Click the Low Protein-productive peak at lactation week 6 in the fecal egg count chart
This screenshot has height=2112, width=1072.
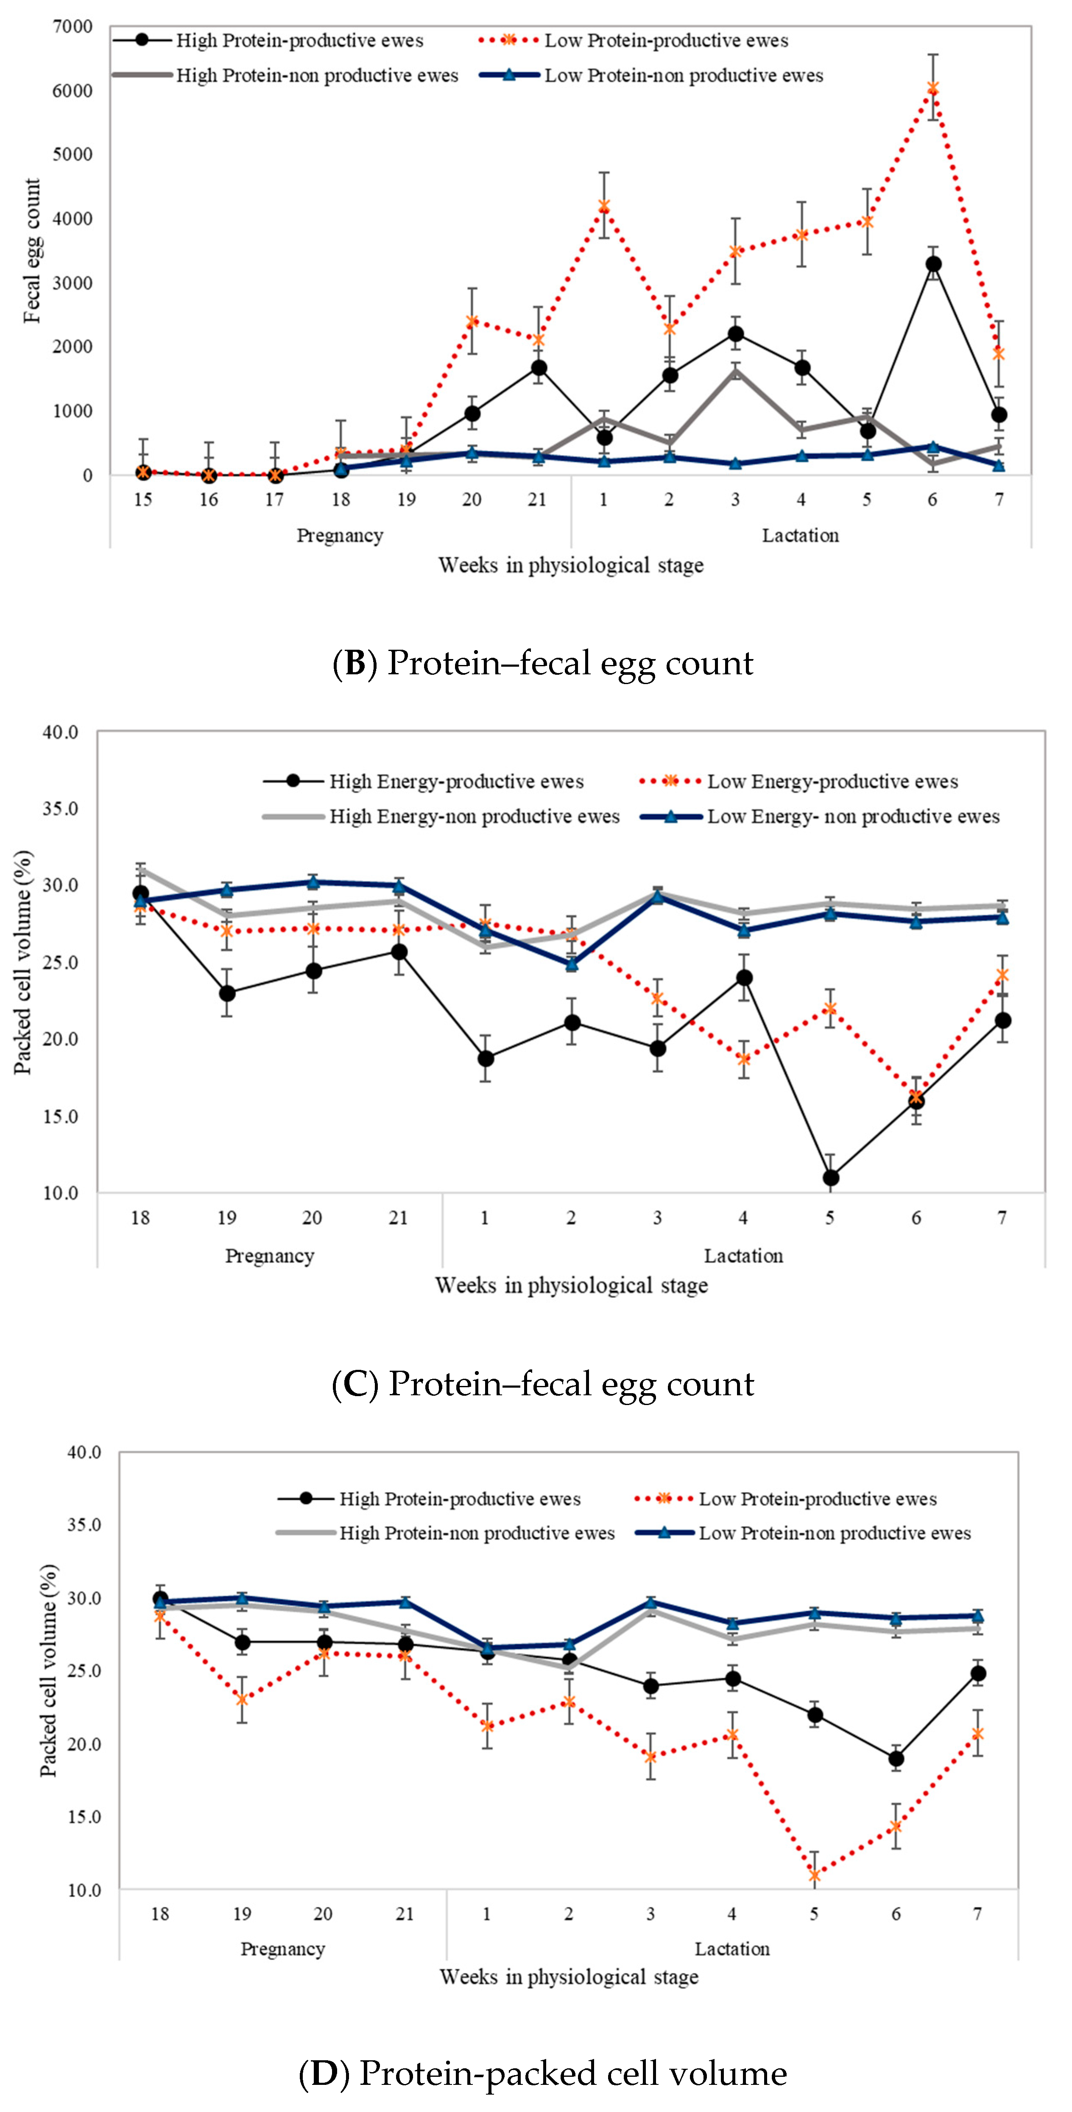tap(932, 88)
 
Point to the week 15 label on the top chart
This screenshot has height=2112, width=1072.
tap(143, 499)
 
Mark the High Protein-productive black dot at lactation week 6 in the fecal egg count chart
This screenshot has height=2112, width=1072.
tap(932, 264)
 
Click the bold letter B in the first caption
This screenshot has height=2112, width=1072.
tap(355, 662)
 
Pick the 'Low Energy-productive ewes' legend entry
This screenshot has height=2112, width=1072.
tap(832, 781)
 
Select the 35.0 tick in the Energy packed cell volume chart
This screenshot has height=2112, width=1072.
tap(61, 808)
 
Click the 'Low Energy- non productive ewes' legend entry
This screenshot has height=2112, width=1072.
tap(852, 816)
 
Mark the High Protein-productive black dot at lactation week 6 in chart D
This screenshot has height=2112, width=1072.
tap(896, 1759)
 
